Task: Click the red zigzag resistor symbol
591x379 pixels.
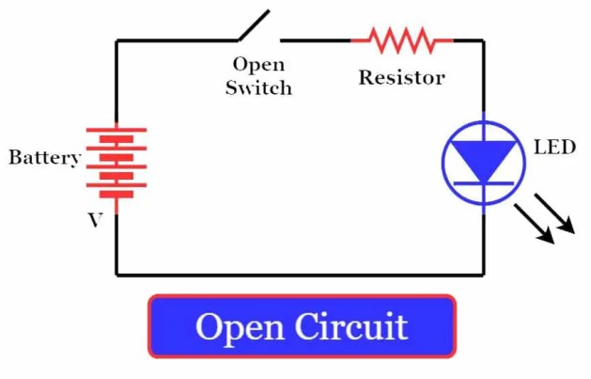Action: (x=401, y=40)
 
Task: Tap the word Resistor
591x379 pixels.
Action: (x=401, y=77)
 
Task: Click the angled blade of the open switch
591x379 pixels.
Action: (x=254, y=25)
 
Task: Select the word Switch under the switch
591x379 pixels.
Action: (x=258, y=88)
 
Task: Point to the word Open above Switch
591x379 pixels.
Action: (x=258, y=66)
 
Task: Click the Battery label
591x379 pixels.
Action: (x=44, y=157)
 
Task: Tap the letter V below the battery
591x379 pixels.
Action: (x=95, y=220)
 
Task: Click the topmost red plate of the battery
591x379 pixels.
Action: (x=117, y=130)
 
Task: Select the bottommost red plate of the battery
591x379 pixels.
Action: (x=117, y=196)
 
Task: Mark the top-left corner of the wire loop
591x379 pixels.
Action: (x=117, y=40)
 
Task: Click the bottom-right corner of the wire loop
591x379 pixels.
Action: (x=484, y=275)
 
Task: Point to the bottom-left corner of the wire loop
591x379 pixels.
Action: (x=117, y=275)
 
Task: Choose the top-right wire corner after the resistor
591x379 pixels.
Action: (x=484, y=40)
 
